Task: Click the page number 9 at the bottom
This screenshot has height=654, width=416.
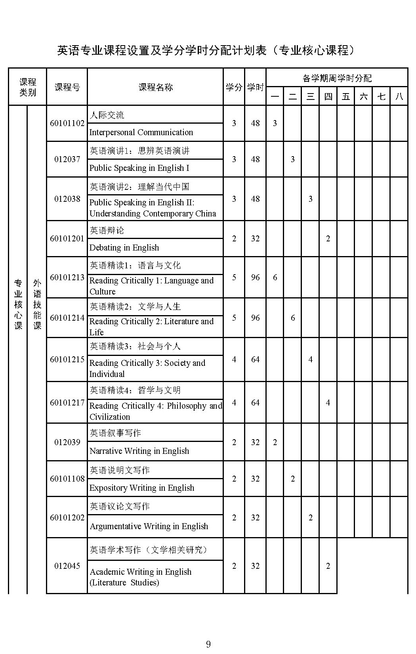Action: [208, 644]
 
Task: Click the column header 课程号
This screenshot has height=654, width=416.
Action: [67, 87]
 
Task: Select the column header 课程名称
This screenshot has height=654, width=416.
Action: [155, 87]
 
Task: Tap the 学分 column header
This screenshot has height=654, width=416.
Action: [234, 87]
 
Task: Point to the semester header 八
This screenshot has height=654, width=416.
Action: [399, 96]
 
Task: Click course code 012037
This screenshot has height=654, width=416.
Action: [67, 159]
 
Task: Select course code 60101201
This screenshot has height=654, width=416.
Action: [67, 239]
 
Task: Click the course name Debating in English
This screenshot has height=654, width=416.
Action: [124, 248]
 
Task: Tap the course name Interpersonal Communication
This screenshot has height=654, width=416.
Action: [141, 132]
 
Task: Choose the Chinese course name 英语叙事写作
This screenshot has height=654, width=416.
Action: [115, 433]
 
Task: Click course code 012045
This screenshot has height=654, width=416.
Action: [67, 566]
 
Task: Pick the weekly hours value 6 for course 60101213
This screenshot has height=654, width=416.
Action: [275, 277]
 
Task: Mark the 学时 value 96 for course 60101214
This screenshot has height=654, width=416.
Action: [255, 318]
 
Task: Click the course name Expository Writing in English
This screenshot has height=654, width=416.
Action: [142, 488]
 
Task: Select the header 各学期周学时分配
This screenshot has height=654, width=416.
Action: [337, 78]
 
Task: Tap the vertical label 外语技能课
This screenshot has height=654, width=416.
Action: [37, 304]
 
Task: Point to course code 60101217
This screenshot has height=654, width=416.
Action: [67, 403]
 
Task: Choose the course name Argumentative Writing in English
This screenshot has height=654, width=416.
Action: [149, 526]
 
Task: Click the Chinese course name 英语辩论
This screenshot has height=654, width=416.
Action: [107, 230]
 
